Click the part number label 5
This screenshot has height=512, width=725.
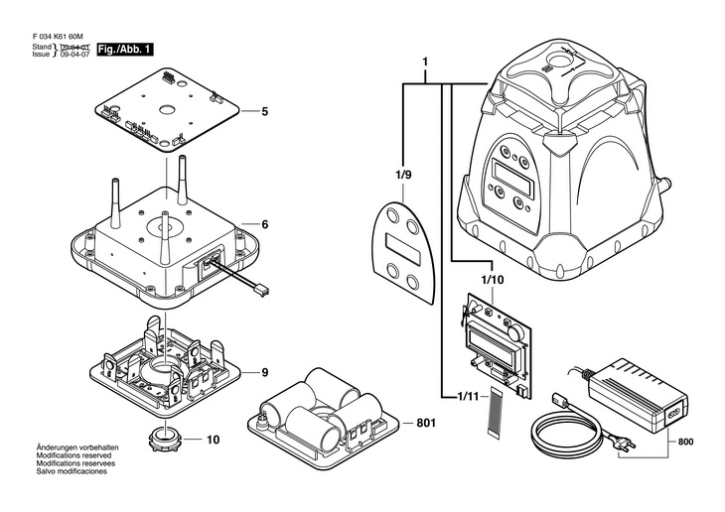265,111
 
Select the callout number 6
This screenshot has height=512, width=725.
265,224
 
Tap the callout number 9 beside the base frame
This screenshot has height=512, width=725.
265,373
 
